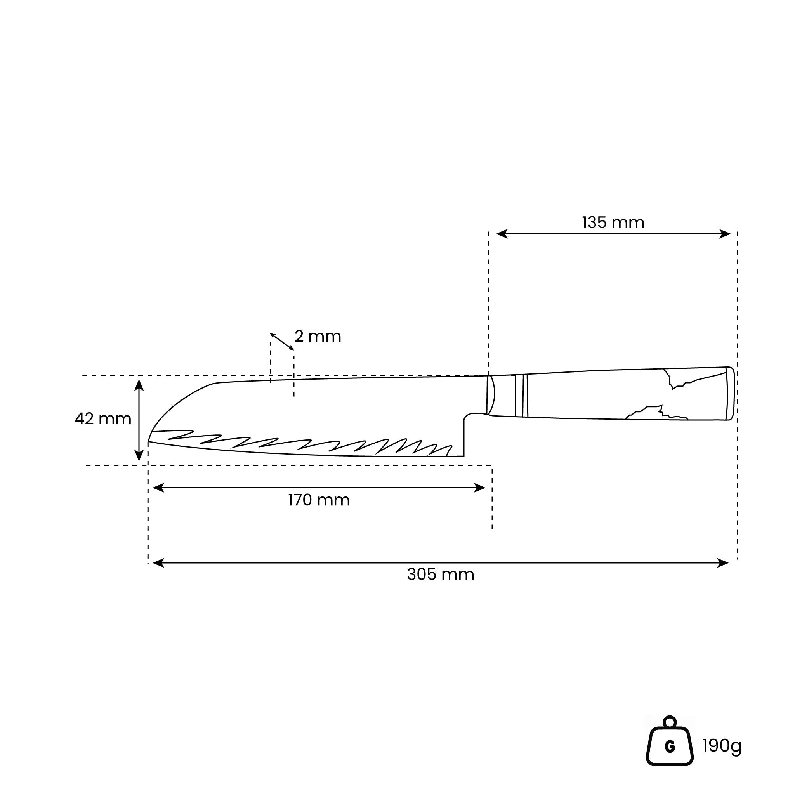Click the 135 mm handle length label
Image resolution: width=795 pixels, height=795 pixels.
[613, 222]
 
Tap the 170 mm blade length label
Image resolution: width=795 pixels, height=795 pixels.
[319, 500]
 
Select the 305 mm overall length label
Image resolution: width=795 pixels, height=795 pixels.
[440, 575]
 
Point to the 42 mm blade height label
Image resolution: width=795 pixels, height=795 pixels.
[103, 419]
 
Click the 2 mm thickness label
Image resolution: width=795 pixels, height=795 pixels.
[318, 337]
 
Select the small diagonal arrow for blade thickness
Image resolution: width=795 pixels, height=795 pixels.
[282, 342]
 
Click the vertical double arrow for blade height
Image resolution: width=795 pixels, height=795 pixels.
[139, 420]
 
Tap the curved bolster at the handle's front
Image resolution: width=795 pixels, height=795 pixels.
[491, 395]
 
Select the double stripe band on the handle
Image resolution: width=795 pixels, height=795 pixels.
[521, 396]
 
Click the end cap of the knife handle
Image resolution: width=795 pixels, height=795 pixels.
[730, 393]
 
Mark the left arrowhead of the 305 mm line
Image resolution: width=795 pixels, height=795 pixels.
[158, 563]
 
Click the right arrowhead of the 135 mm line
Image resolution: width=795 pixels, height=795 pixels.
[725, 234]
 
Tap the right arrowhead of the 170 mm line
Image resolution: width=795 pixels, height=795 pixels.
[480, 488]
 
